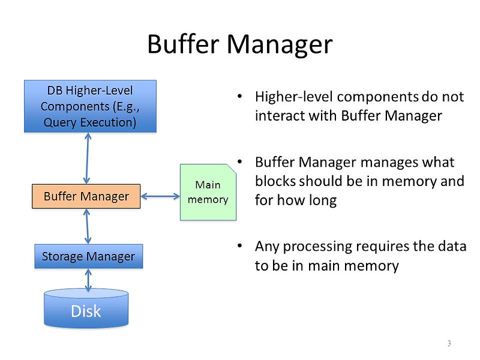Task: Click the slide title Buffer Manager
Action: pos(239,45)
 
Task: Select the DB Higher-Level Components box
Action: pos(89,106)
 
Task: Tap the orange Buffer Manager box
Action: pos(86,196)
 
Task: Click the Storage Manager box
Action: pos(88,256)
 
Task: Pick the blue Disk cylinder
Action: pos(86,309)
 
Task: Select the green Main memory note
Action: pos(208,193)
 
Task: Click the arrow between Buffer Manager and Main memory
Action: pos(160,196)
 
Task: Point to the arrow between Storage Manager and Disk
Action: pos(89,280)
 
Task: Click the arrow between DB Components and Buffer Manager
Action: pos(88,158)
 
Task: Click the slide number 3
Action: pos(449,343)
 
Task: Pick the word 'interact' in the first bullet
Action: pos(276,115)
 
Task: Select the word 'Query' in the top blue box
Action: pos(59,123)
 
